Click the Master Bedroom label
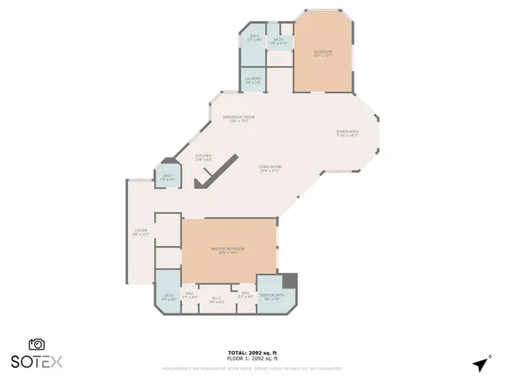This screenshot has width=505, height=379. (x=228, y=249)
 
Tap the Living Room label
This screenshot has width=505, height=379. (x=269, y=168)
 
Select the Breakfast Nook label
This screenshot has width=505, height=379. (x=238, y=118)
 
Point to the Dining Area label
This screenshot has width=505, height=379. (x=348, y=133)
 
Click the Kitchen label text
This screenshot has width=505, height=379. (x=204, y=157)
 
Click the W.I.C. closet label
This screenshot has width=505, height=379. (x=216, y=299)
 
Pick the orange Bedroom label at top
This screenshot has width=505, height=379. (x=323, y=54)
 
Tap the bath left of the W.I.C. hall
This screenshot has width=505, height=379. (x=167, y=296)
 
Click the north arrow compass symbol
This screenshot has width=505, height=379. (x=480, y=365)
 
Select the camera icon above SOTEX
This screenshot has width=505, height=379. (x=36, y=344)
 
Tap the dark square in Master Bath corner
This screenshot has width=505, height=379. (x=290, y=281)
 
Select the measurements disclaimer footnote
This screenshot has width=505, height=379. (x=252, y=368)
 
